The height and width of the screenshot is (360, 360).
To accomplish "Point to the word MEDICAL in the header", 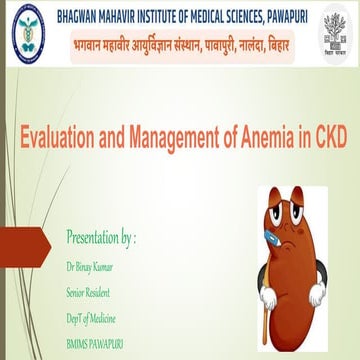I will pos(211,14).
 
